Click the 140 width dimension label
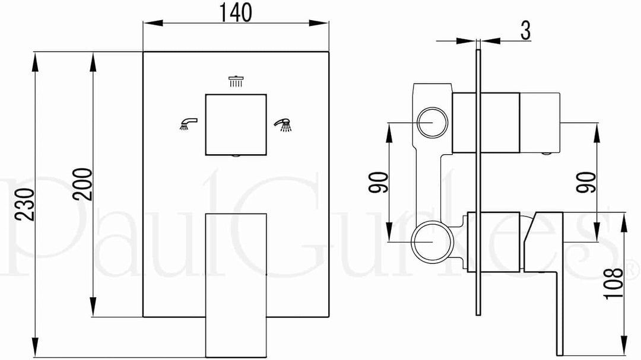pyautogui.click(x=236, y=12)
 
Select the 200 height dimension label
pyautogui.click(x=83, y=184)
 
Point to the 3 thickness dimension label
pyautogui.click(x=526, y=30)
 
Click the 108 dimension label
pyautogui.click(x=614, y=283)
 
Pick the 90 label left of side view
pyautogui.click(x=378, y=183)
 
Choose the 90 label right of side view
pyautogui.click(x=586, y=183)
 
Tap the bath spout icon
pyautogui.click(x=189, y=124)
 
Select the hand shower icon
pyautogui.click(x=283, y=125)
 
